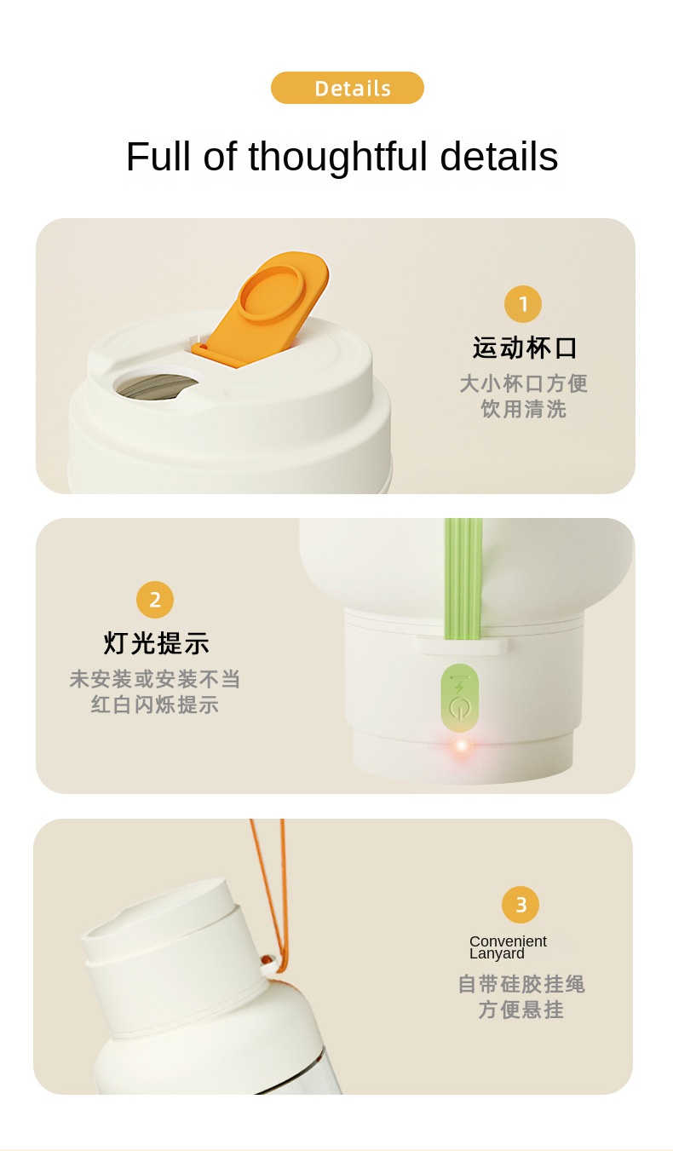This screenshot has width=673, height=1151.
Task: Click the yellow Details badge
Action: click(348, 88)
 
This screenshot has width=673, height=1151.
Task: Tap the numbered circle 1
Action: click(523, 304)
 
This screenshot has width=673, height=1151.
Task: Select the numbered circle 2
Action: click(155, 600)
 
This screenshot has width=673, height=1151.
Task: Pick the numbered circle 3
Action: click(521, 905)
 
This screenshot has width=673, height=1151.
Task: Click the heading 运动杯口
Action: click(525, 348)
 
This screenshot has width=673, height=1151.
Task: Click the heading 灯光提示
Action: click(156, 643)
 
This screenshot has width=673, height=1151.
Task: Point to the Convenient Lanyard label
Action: click(508, 947)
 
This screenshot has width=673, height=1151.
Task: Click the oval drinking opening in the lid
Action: click(156, 386)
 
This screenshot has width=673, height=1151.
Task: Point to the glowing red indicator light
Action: click(462, 745)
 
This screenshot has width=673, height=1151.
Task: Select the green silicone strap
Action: click(463, 578)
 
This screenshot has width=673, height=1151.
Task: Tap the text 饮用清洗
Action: click(524, 409)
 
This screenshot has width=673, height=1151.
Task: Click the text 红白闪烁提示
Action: click(155, 705)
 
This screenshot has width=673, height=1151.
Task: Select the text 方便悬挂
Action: click(521, 1010)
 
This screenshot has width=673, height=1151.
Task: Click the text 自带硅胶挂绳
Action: click(521, 984)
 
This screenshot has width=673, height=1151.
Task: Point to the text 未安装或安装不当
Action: click(155, 679)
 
